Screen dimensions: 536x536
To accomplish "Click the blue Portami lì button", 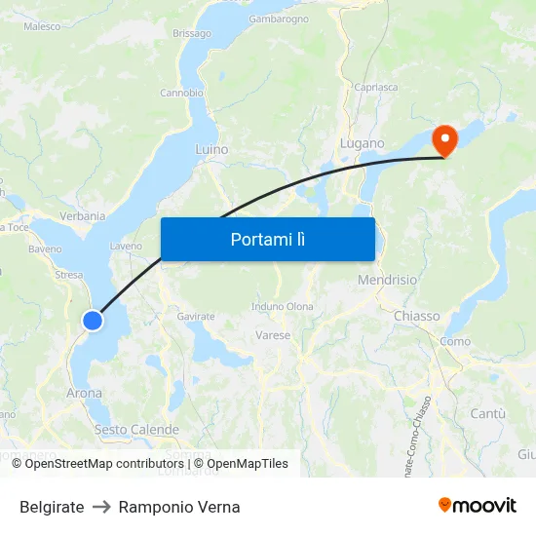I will click(267, 239).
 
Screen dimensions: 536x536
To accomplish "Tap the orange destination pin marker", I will click(444, 139).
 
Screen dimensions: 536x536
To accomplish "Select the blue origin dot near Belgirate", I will click(93, 320).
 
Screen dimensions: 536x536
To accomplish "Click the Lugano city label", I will click(362, 143).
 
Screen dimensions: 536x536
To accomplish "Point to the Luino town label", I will click(211, 150).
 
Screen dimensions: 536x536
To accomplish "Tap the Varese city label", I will click(273, 335).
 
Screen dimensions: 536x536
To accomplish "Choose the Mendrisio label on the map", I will click(388, 280).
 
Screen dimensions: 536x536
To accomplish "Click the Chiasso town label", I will click(416, 316).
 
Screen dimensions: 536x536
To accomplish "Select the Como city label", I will click(455, 341).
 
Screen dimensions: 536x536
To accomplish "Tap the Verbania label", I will click(82, 215).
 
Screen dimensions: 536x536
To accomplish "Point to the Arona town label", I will click(84, 394).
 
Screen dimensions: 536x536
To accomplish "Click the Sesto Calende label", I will click(136, 430).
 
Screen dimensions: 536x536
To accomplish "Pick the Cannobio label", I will click(181, 94).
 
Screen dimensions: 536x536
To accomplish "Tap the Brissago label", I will click(191, 33).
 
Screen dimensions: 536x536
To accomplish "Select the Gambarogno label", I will click(279, 19).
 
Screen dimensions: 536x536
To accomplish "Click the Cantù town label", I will click(487, 414).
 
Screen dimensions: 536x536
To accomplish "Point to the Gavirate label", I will click(196, 317).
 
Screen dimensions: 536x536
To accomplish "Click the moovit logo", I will click(478, 505).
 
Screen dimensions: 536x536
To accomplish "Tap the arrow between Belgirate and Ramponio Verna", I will click(101, 507).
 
